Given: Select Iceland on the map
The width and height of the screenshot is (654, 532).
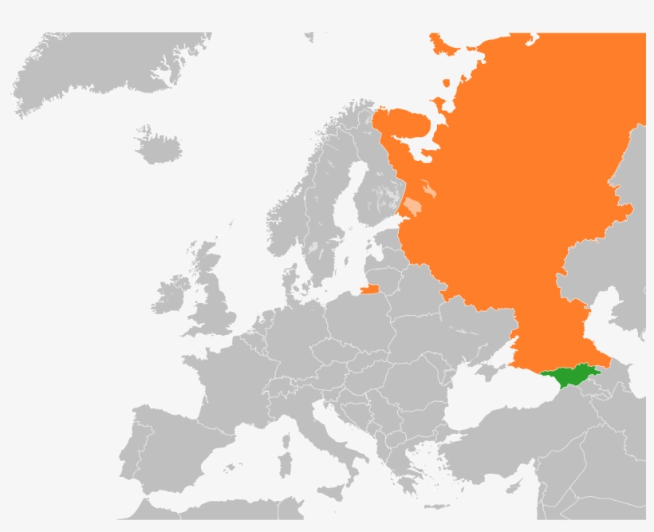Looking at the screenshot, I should [x=158, y=145].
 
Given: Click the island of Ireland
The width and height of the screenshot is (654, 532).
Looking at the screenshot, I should [x=171, y=294].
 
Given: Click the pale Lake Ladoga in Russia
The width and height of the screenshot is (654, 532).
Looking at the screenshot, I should [x=412, y=208].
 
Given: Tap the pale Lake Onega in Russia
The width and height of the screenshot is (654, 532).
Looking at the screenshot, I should [x=431, y=190].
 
